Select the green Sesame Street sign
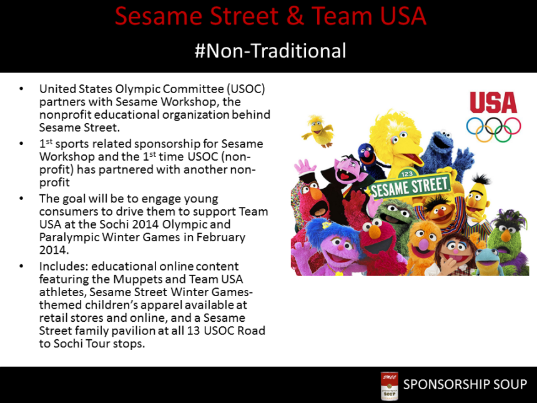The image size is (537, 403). (410, 185)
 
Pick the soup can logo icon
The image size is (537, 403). (390, 385)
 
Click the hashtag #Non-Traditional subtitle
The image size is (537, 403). (270, 50)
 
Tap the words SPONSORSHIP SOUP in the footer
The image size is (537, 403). (465, 384)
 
